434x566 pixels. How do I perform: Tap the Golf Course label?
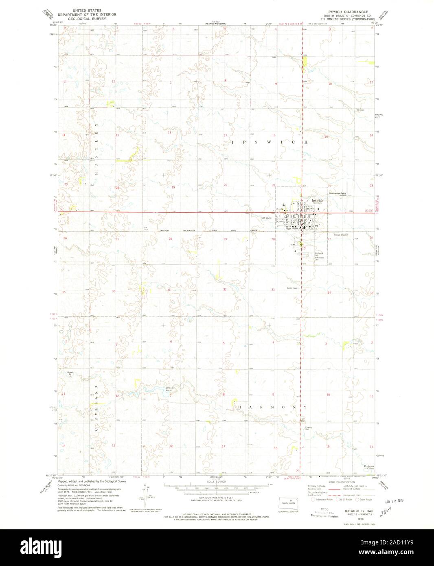(x=266, y=218)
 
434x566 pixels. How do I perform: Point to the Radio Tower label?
(x=292, y=288)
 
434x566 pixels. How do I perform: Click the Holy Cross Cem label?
(x=319, y=259)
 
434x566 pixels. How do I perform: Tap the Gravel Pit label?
(x=70, y=373)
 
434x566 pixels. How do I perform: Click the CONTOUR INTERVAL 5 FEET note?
(x=217, y=499)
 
